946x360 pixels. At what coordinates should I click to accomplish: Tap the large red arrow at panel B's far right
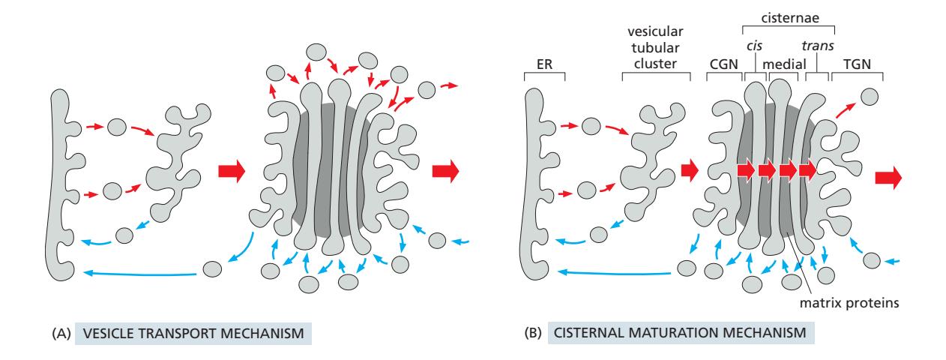point(888,178)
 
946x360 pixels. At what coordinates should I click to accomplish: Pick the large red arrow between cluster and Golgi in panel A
point(231,172)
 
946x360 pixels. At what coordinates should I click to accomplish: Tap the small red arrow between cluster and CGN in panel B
point(688,171)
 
